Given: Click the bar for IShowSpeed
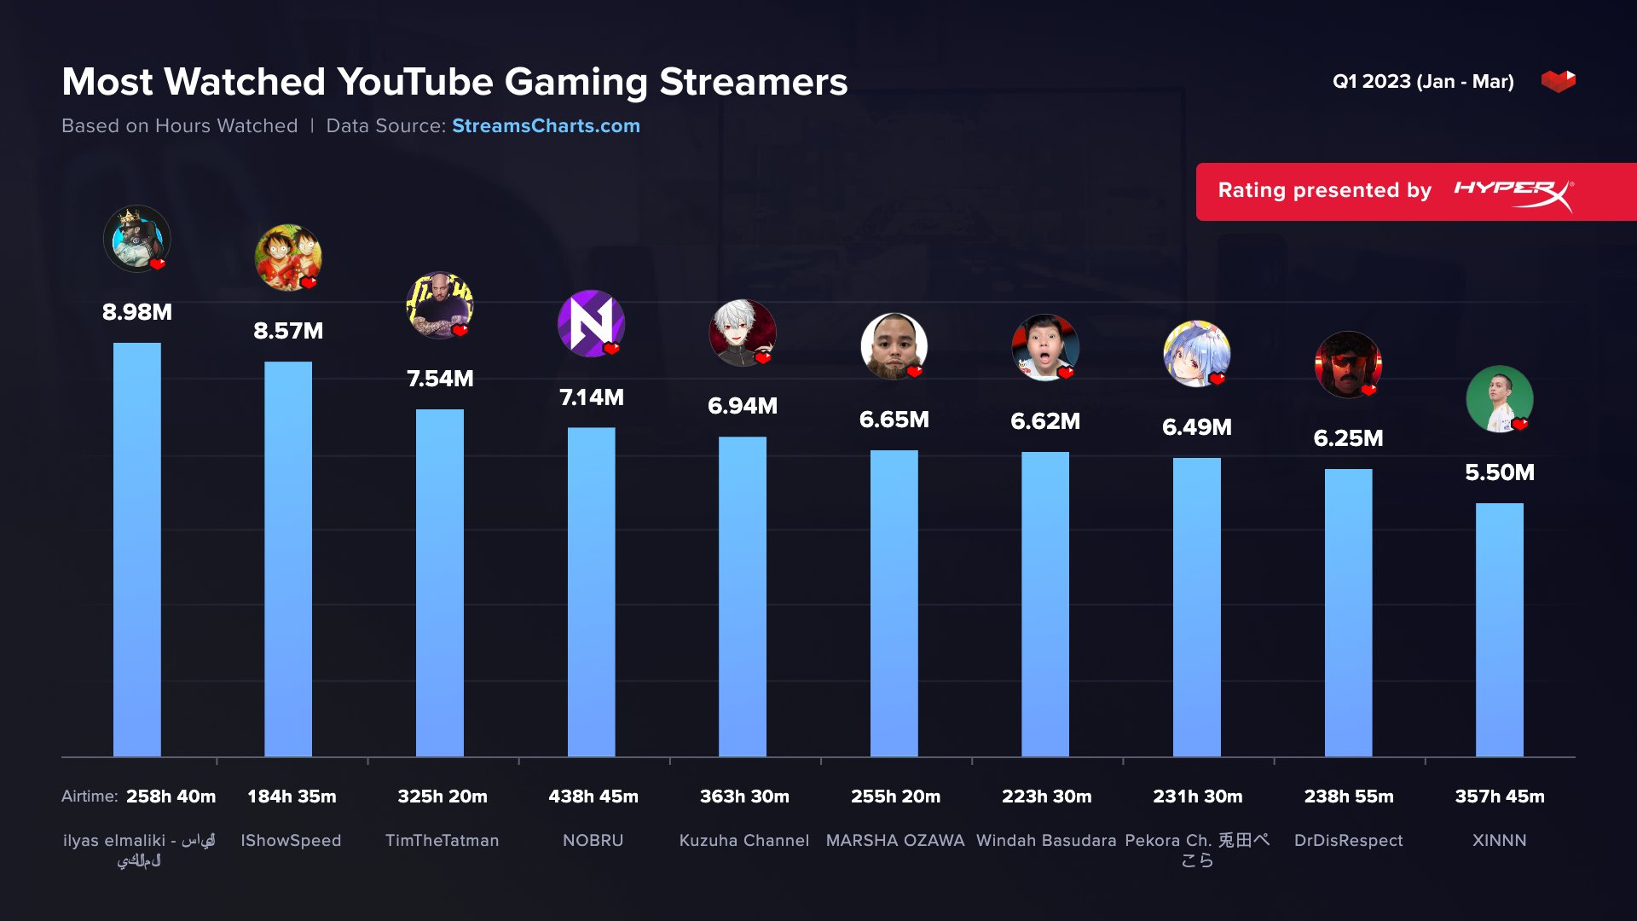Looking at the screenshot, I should [288, 559].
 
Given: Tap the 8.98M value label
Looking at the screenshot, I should [137, 312].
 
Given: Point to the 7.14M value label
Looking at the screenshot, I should [592, 397].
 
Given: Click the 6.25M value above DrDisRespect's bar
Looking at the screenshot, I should [1348, 438].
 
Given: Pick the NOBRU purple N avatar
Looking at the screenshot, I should [591, 323].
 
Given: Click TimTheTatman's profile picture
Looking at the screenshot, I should [439, 305].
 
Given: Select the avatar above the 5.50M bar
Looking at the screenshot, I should [1499, 399].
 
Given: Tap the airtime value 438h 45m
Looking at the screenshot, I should [593, 796].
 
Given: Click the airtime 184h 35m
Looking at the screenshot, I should [292, 796].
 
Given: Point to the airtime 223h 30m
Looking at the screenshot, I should [1046, 796].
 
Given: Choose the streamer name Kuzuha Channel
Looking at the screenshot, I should [743, 841].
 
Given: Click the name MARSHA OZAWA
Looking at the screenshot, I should [895, 841].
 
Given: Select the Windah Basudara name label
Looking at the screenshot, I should [1046, 841].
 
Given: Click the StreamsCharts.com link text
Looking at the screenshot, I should [546, 126].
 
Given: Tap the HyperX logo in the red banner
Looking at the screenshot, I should [1513, 192].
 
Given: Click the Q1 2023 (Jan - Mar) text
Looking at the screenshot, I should [1423, 82].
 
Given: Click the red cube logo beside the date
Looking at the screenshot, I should [1558, 81].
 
